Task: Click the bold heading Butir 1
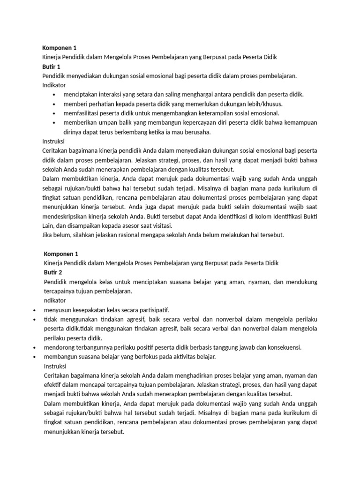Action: coord(52,66)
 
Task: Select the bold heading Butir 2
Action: coord(53,272)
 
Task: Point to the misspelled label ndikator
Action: coord(55,300)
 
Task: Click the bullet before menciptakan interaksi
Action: coord(54,95)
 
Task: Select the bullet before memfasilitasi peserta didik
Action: coord(54,113)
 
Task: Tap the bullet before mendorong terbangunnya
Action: coord(36,348)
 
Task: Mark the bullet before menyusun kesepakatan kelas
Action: coord(36,310)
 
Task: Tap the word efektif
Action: coord(52,384)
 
